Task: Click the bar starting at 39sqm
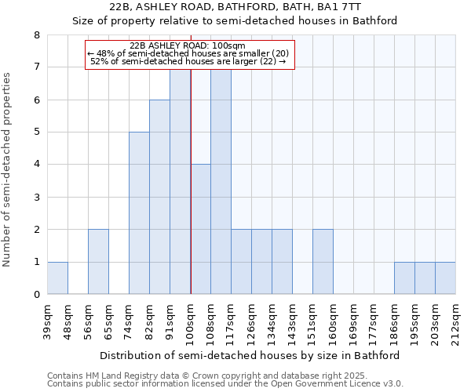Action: (x=57, y=278)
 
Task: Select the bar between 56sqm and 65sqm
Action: (x=98, y=262)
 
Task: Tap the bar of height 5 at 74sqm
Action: (x=139, y=213)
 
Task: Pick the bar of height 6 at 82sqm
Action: (x=159, y=197)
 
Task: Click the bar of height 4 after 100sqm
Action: (x=200, y=229)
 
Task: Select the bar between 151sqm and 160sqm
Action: (x=323, y=262)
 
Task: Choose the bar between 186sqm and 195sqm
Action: (x=404, y=278)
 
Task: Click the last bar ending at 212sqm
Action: (x=445, y=278)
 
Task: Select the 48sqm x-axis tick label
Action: (x=68, y=319)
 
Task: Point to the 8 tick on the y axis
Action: (x=36, y=35)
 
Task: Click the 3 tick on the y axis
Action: (x=36, y=197)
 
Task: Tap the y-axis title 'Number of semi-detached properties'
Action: (x=8, y=169)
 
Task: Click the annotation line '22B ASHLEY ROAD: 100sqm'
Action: (x=188, y=45)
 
